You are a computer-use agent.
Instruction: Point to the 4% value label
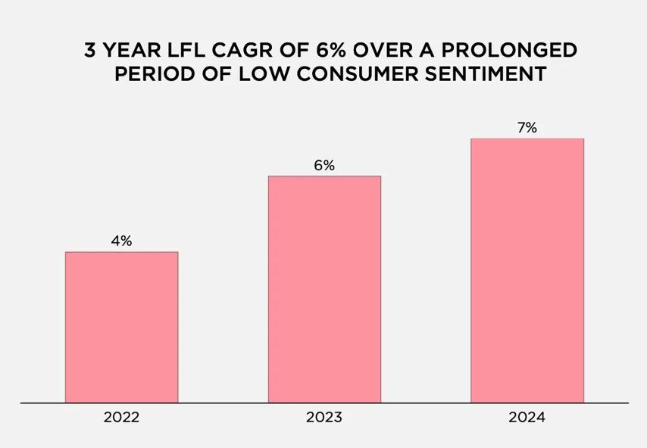(x=121, y=241)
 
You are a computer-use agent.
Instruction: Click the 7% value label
(x=527, y=128)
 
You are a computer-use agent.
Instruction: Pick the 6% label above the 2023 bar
(x=324, y=166)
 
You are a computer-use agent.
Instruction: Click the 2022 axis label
(x=121, y=417)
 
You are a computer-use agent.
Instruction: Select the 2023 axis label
(x=324, y=417)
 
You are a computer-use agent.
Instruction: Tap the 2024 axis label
(x=527, y=417)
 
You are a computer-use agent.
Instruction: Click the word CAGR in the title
(x=239, y=51)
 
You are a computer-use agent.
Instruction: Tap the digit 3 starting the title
(x=89, y=51)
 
